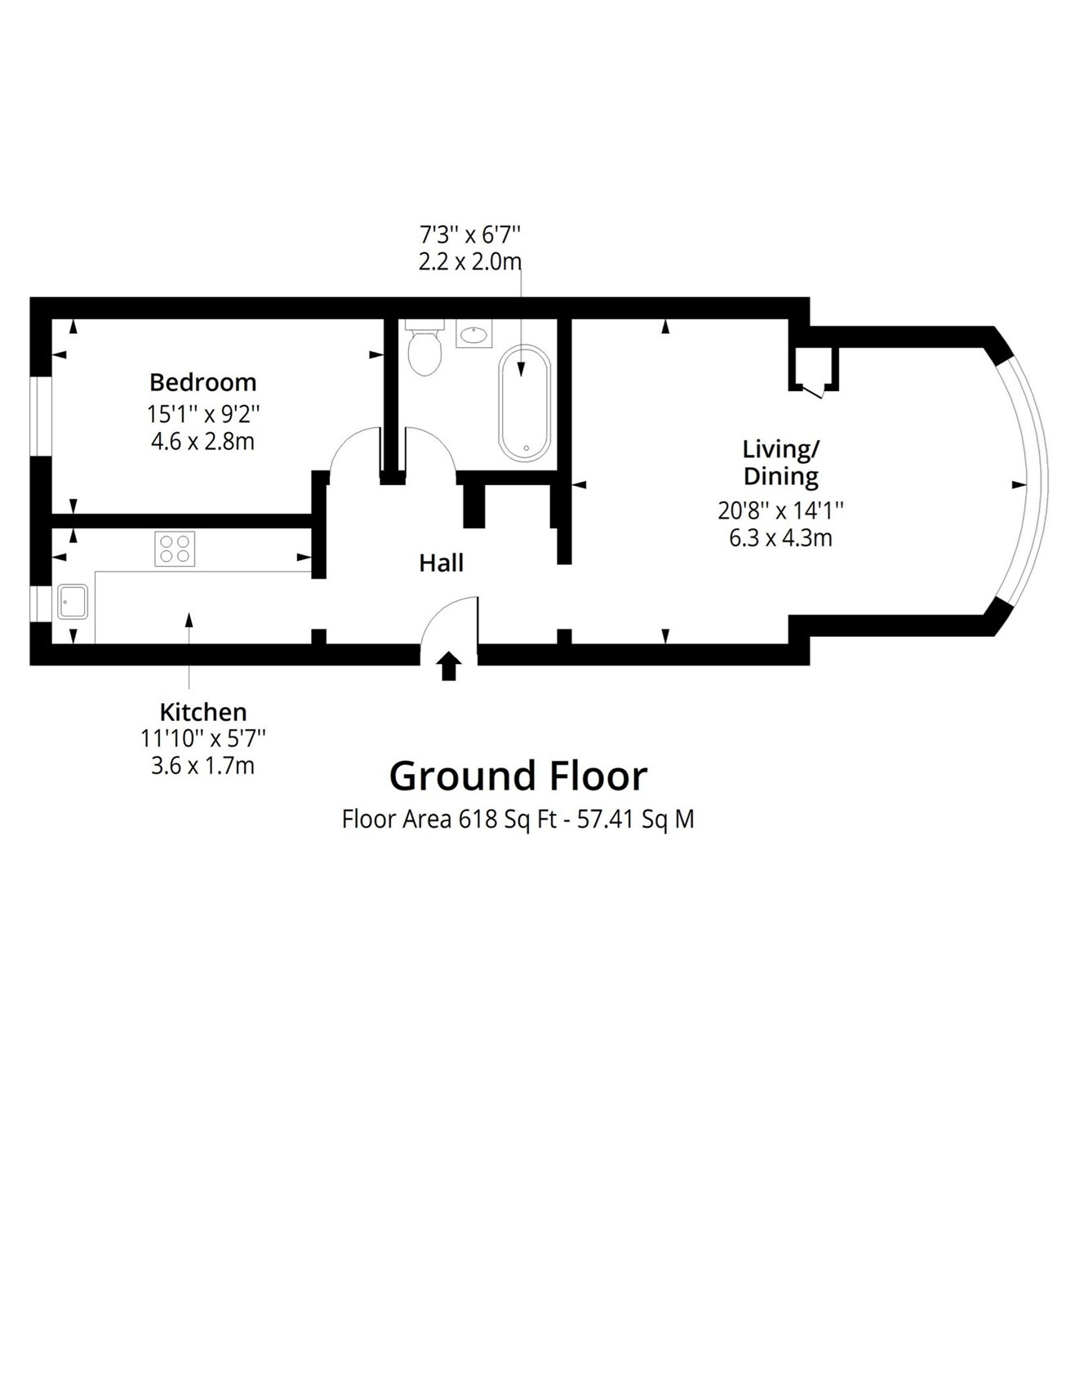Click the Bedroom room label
(202, 382)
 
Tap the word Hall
(442, 563)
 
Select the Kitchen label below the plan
(203, 711)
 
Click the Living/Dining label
(781, 462)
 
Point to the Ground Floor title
(518, 776)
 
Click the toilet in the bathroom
(424, 347)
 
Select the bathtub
(525, 403)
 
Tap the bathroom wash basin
(473, 333)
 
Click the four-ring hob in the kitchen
(175, 549)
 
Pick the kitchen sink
(73, 601)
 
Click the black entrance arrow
(449, 666)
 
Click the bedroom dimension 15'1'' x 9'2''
(203, 414)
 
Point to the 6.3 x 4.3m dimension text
(780, 538)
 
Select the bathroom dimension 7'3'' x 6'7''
(470, 235)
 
